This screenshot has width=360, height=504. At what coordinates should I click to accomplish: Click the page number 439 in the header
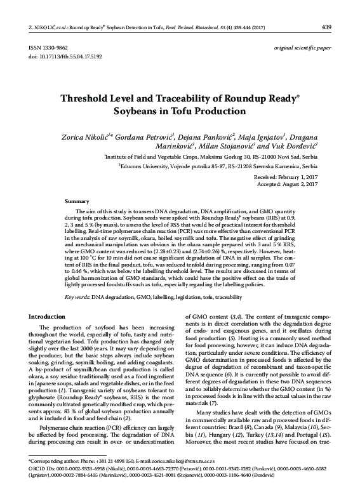327,9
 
